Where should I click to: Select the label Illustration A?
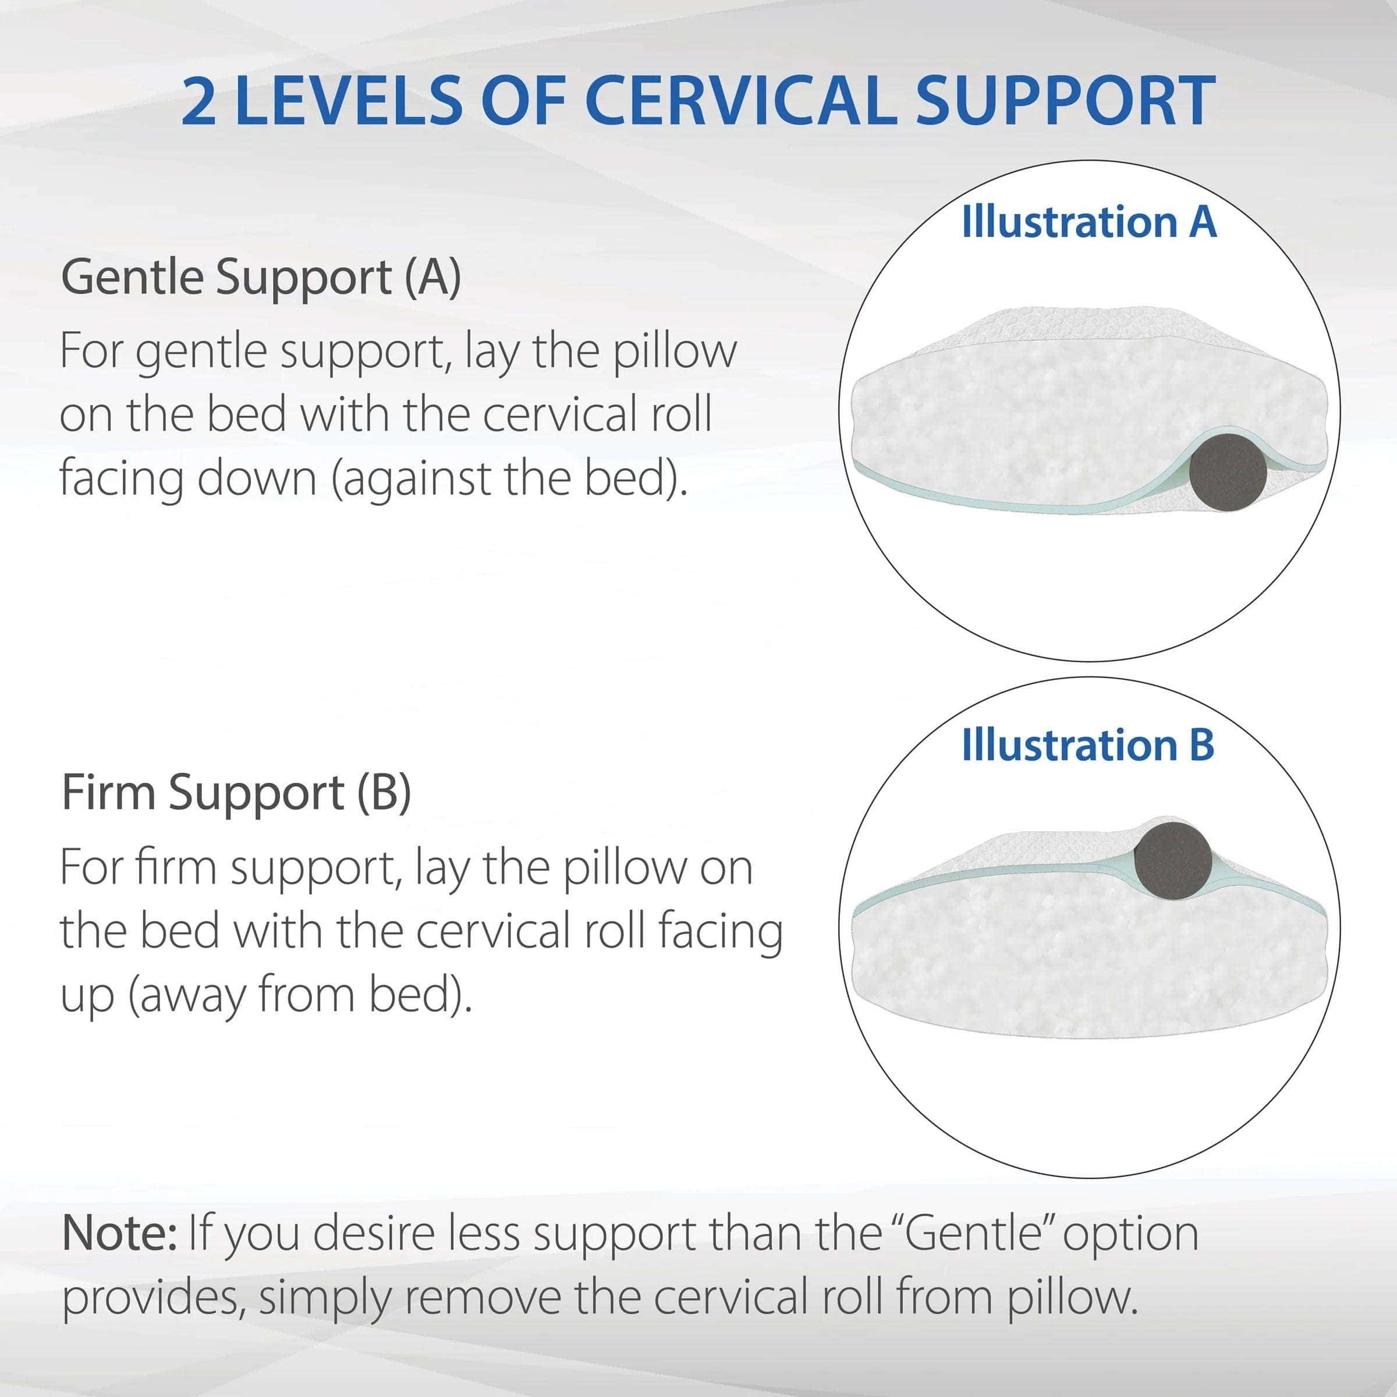1089,221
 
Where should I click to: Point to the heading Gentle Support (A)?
261,278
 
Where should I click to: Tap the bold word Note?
119,1233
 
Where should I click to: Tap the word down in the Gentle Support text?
257,478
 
